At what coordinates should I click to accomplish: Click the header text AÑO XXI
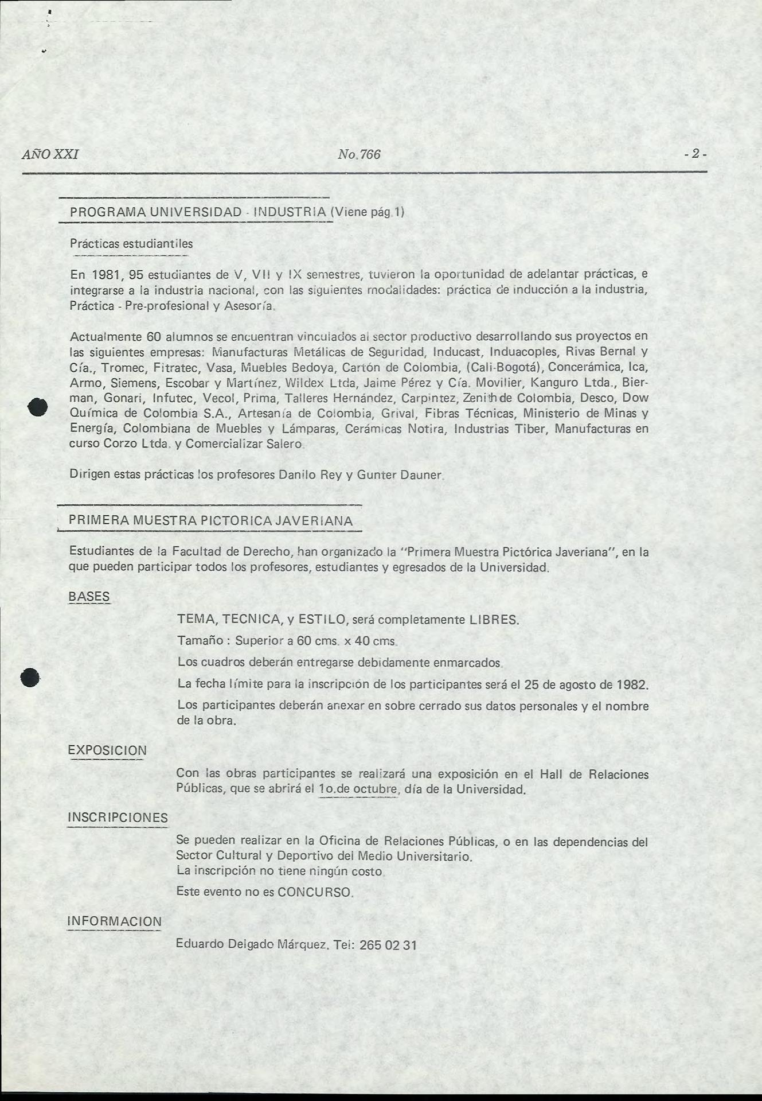(x=50, y=154)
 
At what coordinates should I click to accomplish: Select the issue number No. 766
(x=359, y=154)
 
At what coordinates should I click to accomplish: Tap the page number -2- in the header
(x=695, y=154)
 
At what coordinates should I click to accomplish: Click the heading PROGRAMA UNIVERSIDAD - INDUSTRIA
(x=198, y=212)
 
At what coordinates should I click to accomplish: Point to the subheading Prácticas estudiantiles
(x=131, y=243)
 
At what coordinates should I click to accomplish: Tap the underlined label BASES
(x=89, y=596)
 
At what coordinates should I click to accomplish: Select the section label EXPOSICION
(x=107, y=750)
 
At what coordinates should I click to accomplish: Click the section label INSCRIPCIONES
(x=118, y=818)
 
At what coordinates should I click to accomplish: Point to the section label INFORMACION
(x=115, y=921)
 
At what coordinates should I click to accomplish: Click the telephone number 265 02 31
(x=388, y=945)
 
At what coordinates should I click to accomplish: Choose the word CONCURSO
(x=314, y=893)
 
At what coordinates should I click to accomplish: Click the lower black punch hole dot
(x=30, y=678)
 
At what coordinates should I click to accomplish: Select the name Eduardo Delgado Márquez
(x=251, y=944)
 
